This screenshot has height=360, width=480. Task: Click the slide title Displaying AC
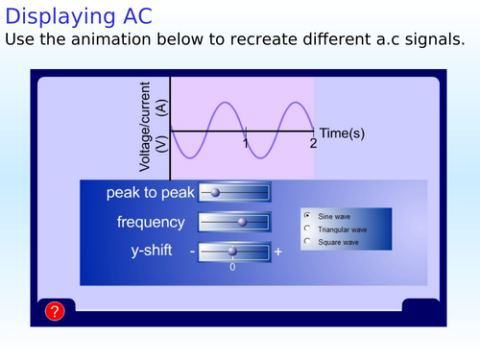pos(79,16)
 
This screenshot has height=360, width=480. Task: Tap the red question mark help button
pos(55,311)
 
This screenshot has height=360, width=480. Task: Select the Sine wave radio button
pos(307,217)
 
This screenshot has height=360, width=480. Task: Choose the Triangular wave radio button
pos(307,229)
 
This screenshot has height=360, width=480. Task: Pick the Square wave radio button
pos(307,242)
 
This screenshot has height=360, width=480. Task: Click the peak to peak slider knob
pos(215,193)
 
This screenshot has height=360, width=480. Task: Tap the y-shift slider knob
pos(232,252)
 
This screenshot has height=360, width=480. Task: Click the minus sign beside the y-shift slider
pos(192,252)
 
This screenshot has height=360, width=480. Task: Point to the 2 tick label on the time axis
pos(313,143)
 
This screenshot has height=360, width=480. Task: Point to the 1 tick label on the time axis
pos(246,143)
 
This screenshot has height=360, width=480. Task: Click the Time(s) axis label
pos(342,132)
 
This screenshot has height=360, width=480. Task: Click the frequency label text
pos(151,222)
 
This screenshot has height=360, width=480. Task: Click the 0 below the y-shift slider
pos(232,267)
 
